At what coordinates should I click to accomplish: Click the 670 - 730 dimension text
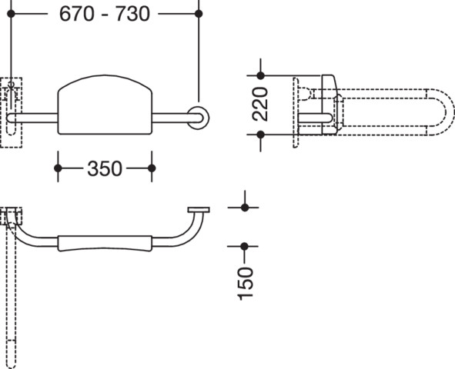(x=105, y=14)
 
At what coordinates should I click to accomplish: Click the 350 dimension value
(x=105, y=168)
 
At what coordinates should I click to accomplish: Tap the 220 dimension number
(x=260, y=104)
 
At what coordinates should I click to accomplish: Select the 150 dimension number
(x=245, y=284)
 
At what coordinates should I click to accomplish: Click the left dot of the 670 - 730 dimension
(x=11, y=13)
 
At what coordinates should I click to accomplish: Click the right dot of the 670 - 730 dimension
(x=199, y=13)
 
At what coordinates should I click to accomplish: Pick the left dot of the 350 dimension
(x=58, y=168)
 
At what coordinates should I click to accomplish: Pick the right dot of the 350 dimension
(x=152, y=168)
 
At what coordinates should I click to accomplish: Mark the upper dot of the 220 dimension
(x=260, y=75)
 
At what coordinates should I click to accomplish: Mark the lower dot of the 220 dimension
(x=260, y=135)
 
